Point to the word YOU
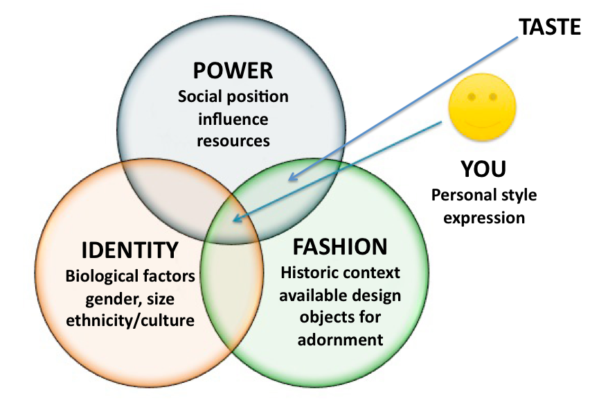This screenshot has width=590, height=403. pyautogui.click(x=483, y=169)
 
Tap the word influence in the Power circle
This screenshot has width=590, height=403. pyautogui.click(x=233, y=118)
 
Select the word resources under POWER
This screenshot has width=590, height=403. pyautogui.click(x=233, y=141)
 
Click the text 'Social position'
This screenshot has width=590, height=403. pyautogui.click(x=233, y=96)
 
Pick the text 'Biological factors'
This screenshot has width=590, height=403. pyautogui.click(x=129, y=276)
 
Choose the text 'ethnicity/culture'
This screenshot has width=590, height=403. pyautogui.click(x=129, y=321)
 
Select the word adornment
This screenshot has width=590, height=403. pyautogui.click(x=340, y=341)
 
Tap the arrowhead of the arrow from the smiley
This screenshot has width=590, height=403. pyautogui.click(x=236, y=220)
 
